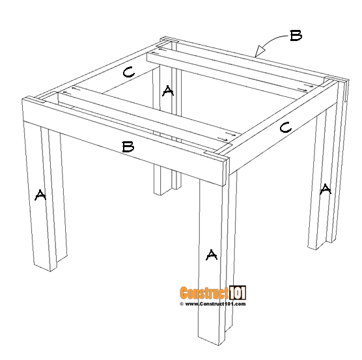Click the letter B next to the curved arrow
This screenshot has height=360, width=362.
296,36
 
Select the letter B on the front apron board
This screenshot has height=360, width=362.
128,147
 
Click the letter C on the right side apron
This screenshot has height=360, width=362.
285,128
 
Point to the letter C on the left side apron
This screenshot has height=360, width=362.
128,73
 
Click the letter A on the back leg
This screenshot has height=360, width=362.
168,91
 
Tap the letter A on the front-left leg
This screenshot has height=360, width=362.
40,195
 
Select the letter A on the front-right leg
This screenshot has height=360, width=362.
211,255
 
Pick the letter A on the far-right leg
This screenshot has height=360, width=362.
325,189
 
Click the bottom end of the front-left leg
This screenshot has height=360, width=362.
44,267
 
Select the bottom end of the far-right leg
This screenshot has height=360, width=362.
313,246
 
